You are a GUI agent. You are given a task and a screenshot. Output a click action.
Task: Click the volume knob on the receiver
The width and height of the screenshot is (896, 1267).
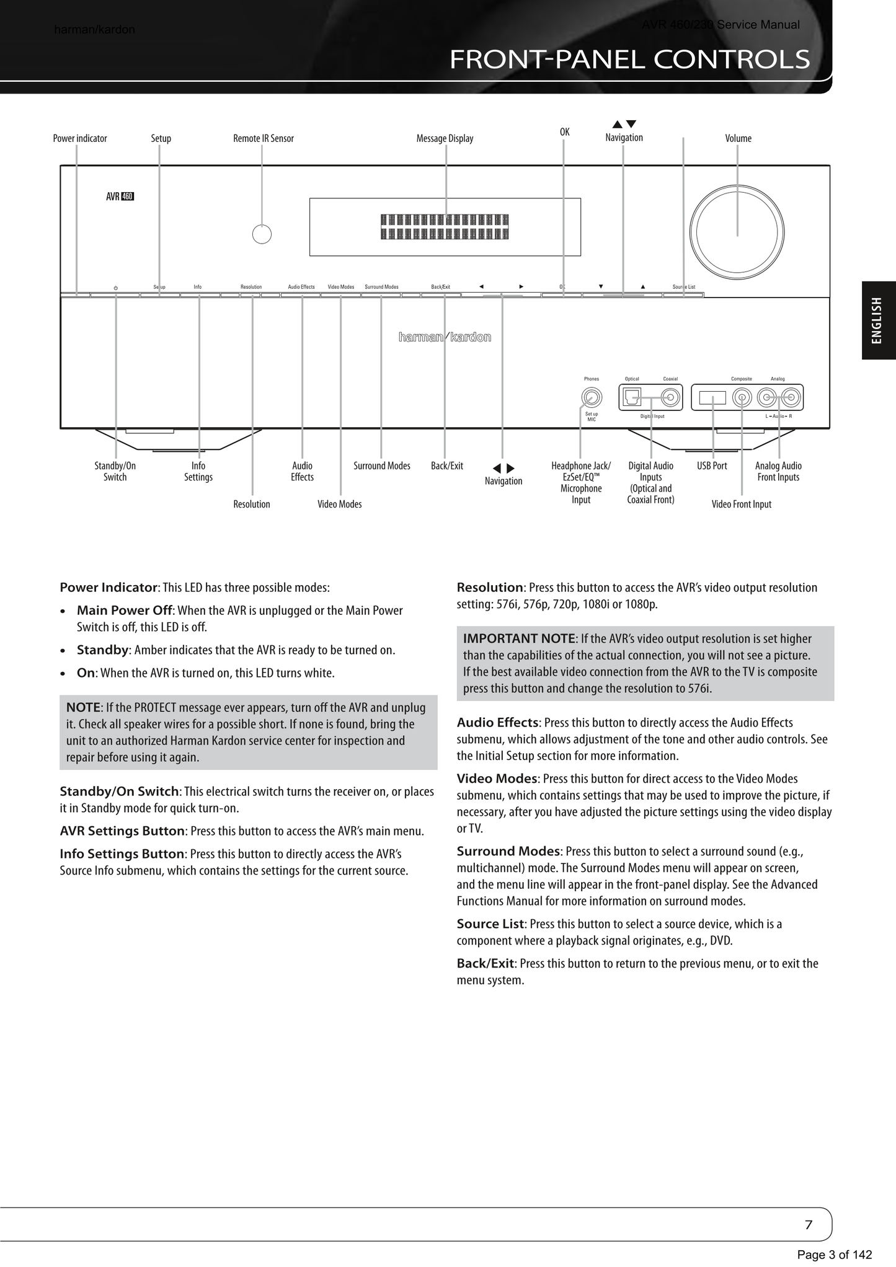point(737,232)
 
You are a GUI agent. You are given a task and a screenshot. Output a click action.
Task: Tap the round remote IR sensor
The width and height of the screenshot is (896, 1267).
point(262,234)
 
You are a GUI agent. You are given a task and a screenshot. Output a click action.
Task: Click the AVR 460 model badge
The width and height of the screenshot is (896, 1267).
point(120,197)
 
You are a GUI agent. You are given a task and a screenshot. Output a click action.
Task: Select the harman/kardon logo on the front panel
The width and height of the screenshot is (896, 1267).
point(445,337)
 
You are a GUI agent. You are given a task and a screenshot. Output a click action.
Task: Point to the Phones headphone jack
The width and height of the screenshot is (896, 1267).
point(592,397)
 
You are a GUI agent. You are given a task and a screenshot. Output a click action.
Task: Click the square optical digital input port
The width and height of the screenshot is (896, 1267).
point(632,397)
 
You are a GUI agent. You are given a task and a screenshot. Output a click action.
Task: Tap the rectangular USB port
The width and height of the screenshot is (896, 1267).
point(712,398)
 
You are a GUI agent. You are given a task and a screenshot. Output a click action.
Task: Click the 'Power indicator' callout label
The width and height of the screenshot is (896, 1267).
point(80,138)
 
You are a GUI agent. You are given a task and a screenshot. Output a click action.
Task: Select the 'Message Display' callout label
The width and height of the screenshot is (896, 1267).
point(445,138)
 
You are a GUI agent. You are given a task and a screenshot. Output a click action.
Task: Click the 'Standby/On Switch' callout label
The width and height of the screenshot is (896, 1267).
point(115,471)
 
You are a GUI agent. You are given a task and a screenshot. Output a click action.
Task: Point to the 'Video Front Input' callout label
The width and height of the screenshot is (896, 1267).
point(741,504)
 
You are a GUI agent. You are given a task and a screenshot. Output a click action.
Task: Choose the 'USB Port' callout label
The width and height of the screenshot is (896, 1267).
point(712,466)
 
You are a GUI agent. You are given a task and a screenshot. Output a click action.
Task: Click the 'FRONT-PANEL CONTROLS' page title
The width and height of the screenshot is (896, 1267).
point(629,60)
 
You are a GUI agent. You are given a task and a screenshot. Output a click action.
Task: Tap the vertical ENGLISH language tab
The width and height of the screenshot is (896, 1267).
point(877,320)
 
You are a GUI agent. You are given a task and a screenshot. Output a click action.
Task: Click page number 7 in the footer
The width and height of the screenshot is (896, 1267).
point(808,1225)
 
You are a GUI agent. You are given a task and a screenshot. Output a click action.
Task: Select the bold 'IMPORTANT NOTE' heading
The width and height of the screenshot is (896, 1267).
point(519,638)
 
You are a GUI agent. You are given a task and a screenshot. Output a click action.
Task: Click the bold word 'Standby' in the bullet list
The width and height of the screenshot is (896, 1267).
point(103,650)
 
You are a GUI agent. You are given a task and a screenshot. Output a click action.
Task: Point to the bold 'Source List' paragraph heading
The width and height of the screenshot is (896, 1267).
point(490,924)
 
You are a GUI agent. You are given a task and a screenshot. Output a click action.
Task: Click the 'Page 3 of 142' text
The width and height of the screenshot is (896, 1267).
point(834,1255)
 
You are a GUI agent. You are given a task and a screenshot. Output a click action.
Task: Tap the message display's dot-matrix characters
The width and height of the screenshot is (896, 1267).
point(445,227)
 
